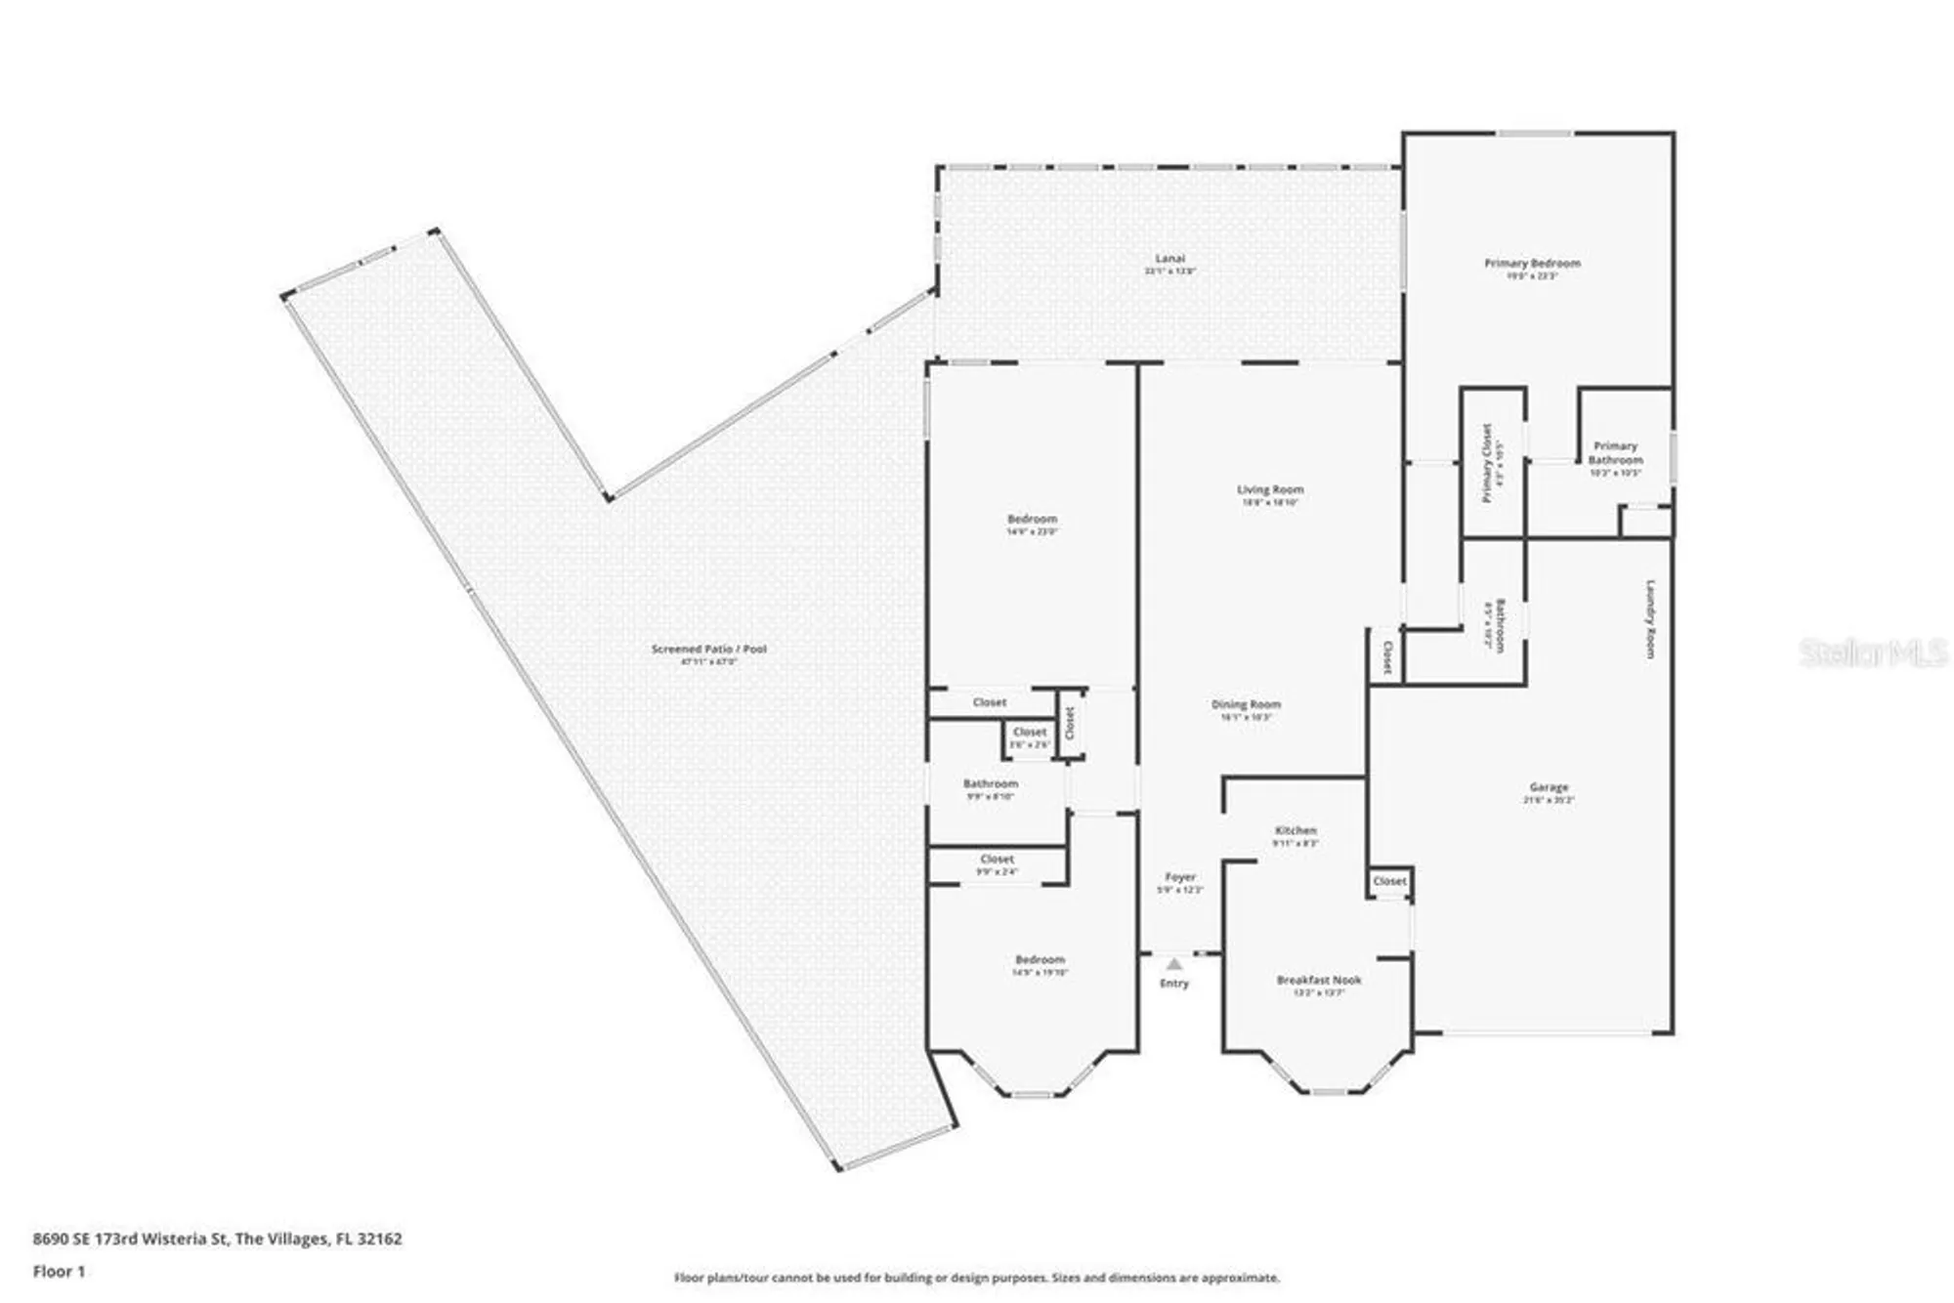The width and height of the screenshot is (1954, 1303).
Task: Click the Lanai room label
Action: tap(1169, 259)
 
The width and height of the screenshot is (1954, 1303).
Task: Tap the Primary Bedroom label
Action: tap(1532, 264)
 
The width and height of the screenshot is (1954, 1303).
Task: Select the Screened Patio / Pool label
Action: tap(709, 649)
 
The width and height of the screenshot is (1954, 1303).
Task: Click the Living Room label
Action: tap(1270, 489)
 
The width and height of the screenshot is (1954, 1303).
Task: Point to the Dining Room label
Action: tap(1246, 704)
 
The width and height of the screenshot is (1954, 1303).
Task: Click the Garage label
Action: tap(1549, 787)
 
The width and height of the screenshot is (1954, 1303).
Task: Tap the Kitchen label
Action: tap(1296, 830)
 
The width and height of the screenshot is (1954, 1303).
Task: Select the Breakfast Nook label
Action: tap(1319, 980)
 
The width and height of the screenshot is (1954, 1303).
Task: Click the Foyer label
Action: tap(1180, 877)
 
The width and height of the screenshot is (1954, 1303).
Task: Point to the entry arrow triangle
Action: tap(1174, 964)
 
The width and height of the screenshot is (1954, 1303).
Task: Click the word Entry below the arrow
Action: tap(1174, 984)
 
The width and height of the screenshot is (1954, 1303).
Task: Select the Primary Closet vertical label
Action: tap(1487, 463)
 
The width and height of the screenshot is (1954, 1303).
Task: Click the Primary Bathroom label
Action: tap(1615, 452)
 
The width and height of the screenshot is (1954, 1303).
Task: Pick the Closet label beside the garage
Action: tap(1389, 881)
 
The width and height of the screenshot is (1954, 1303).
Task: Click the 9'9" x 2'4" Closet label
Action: tap(997, 860)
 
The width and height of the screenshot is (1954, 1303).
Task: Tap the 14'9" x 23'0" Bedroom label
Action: tap(1032, 520)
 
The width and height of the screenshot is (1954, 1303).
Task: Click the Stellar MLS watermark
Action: tap(1873, 652)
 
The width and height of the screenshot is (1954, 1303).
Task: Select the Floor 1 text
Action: tap(59, 1271)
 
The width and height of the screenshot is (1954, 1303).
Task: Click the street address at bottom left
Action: tap(217, 1239)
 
